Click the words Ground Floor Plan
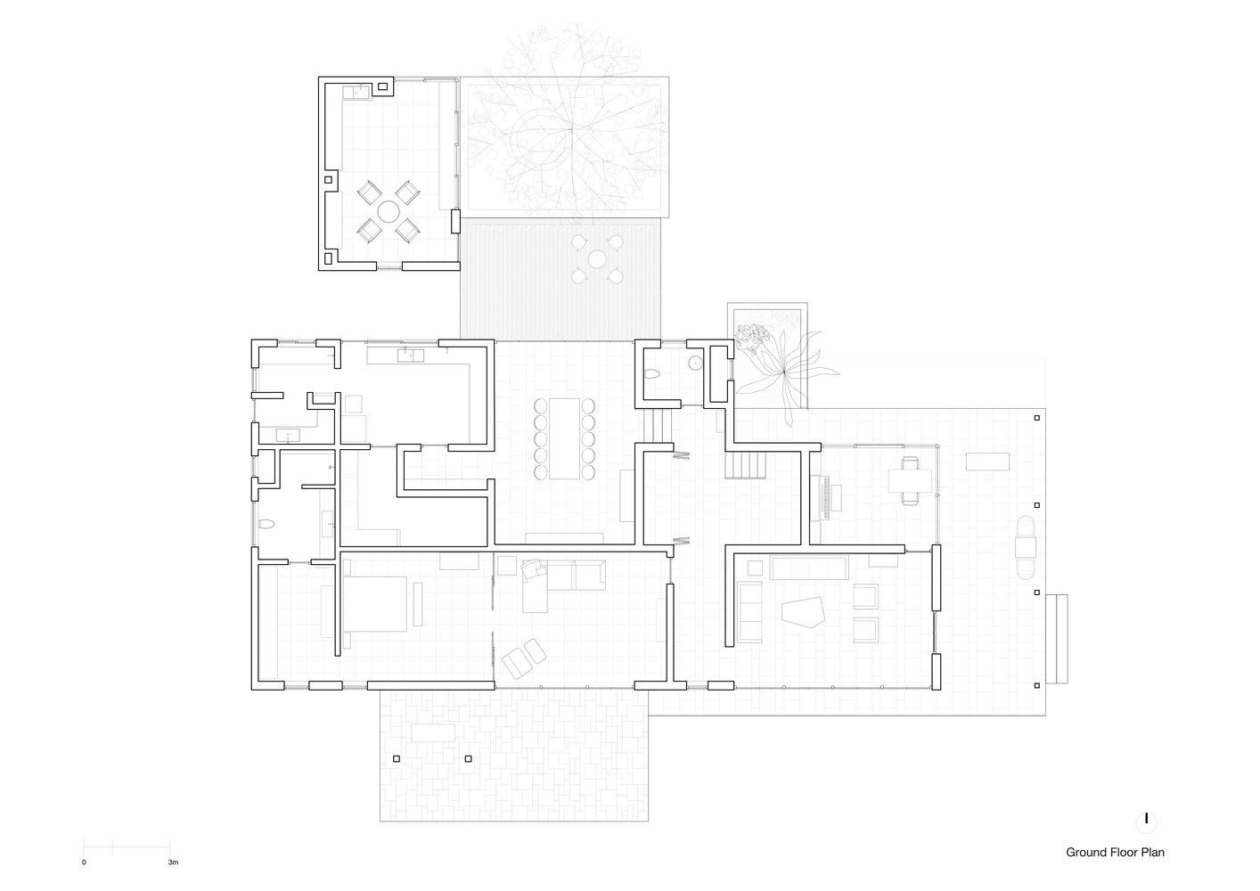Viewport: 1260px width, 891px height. [1115, 853]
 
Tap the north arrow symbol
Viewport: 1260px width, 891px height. [1146, 820]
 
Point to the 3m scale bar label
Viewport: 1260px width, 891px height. [173, 862]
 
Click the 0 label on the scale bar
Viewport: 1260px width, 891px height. [84, 862]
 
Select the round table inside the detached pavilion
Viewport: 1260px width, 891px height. [389, 211]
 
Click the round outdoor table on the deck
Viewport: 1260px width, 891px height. [596, 259]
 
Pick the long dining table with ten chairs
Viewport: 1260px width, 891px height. [565, 437]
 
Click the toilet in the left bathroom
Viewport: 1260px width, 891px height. [266, 526]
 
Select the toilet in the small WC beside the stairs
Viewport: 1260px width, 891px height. [652, 374]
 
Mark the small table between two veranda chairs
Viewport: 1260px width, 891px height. [1026, 545]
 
